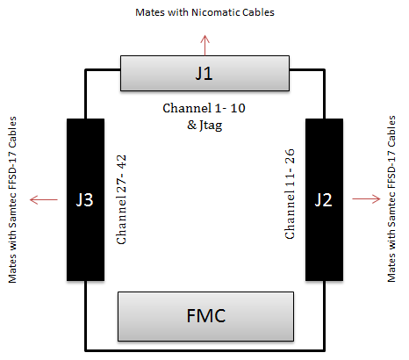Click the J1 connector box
(x=204, y=73)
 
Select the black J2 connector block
(x=324, y=199)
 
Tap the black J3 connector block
(x=85, y=199)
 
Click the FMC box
(x=205, y=316)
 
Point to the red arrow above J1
(x=205, y=46)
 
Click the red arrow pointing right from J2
(x=366, y=199)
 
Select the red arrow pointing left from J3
(x=44, y=200)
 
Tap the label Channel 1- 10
(x=204, y=108)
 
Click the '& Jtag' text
(x=204, y=126)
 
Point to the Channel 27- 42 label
(x=121, y=199)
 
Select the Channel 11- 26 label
(x=290, y=194)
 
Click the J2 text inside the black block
(x=324, y=200)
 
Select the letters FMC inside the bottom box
(x=206, y=316)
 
